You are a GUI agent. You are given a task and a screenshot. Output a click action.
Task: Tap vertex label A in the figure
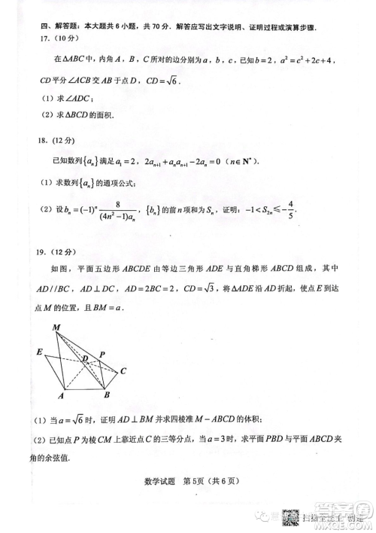pyautogui.click(x=61, y=395)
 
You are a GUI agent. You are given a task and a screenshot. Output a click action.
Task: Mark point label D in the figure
pyautogui.click(x=85, y=358)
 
